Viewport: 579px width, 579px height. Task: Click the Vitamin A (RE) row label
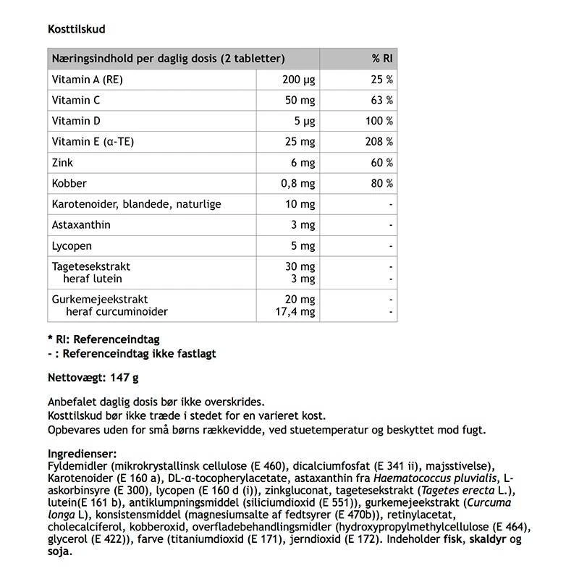(x=88, y=80)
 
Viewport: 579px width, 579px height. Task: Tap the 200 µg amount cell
(x=299, y=80)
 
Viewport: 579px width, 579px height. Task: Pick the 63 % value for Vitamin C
(x=382, y=101)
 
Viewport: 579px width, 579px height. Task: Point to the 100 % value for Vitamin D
(x=379, y=121)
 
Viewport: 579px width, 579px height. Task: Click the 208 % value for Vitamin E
(x=379, y=142)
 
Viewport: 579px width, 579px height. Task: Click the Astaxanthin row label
(x=82, y=225)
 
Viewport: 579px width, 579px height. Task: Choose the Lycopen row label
(x=72, y=246)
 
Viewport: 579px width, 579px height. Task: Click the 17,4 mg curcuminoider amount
(x=297, y=311)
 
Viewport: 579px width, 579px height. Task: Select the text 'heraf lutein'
(x=93, y=279)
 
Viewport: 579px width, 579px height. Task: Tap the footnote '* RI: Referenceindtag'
(x=103, y=339)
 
